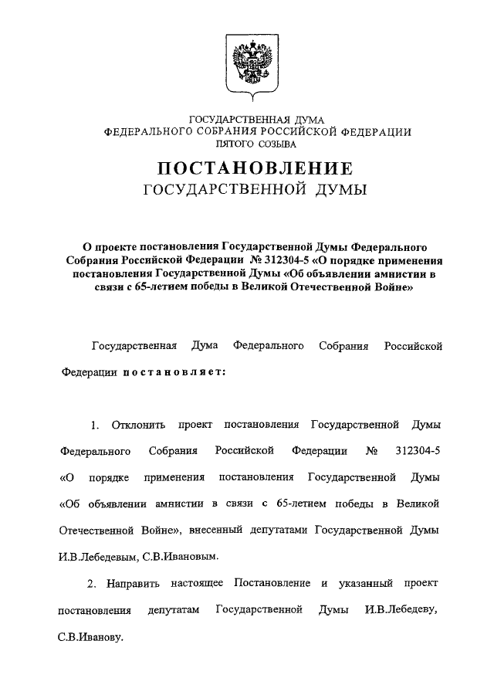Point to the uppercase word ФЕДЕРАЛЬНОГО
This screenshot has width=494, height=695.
tap(147, 132)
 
